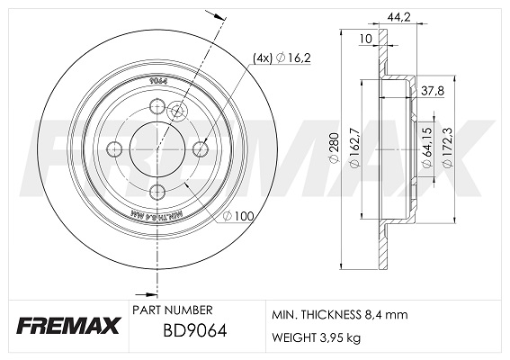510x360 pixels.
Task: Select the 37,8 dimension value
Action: coord(434,89)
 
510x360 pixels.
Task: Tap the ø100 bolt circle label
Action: coord(239,216)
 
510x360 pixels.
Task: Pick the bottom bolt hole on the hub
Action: coord(156,190)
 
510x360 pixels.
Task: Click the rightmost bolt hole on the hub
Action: coord(199,150)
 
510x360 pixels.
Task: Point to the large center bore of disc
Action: coord(157,150)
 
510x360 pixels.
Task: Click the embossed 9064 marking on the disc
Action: coord(158,78)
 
